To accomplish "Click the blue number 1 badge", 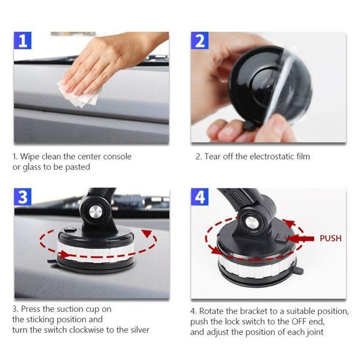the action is [22, 40].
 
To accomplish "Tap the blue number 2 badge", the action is [200, 41].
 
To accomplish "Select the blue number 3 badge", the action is [23, 197].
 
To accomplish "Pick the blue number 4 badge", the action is [200, 197].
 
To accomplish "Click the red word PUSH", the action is [330, 238].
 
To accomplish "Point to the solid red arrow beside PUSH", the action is [300, 239].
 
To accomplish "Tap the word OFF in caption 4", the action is [299, 321].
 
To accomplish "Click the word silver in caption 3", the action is [140, 330].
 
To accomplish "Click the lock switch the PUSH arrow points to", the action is [281, 238].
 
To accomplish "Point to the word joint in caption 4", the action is [316, 332].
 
